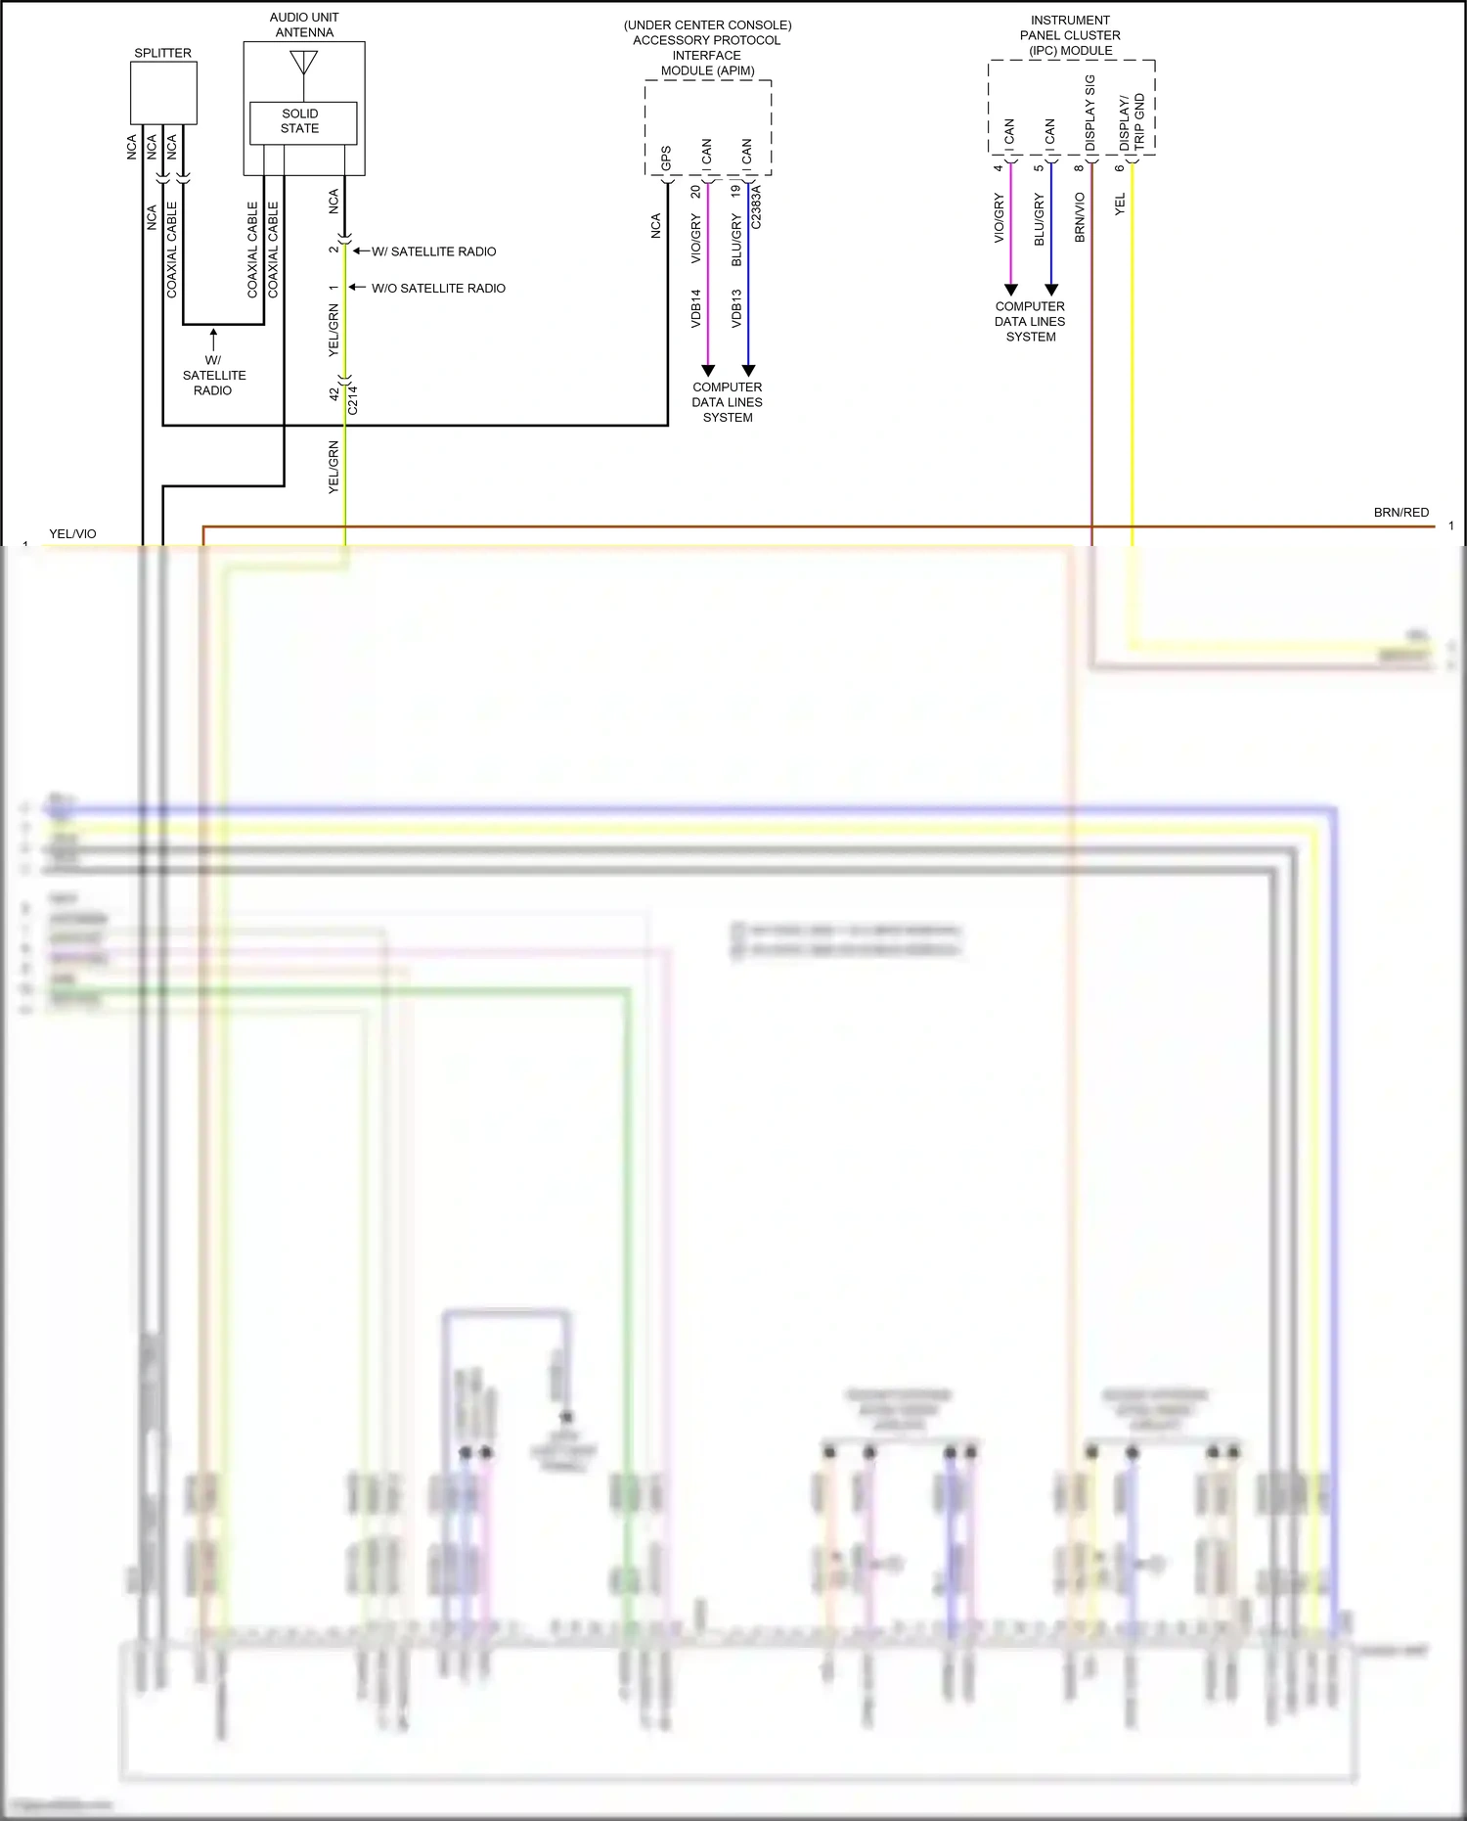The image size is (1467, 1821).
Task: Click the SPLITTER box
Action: tap(163, 93)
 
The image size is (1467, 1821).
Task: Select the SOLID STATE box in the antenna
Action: tap(299, 121)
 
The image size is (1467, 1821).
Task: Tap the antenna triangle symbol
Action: tap(304, 63)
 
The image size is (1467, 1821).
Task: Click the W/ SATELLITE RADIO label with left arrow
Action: tap(432, 251)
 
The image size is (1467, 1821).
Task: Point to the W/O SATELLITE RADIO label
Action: tap(438, 289)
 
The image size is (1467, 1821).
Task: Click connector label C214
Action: tap(353, 400)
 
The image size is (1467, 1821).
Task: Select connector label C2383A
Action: tap(756, 206)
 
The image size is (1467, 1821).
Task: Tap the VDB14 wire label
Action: tap(696, 307)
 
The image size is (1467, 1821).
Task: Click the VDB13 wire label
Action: tap(736, 307)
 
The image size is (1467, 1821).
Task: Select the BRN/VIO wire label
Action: tap(1081, 217)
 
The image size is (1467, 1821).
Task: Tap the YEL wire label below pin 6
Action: tap(1120, 204)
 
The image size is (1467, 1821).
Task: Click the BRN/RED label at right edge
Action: tap(1400, 513)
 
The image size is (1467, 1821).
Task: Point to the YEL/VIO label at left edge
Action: tap(72, 534)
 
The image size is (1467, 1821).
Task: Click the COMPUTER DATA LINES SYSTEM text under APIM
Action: tap(727, 402)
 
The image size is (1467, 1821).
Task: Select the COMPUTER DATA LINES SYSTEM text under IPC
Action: tap(1030, 321)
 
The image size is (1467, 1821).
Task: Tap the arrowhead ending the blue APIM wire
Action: tap(748, 371)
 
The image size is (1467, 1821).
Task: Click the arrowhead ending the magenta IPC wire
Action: tap(1011, 290)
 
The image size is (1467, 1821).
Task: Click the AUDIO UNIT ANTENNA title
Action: tap(304, 24)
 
